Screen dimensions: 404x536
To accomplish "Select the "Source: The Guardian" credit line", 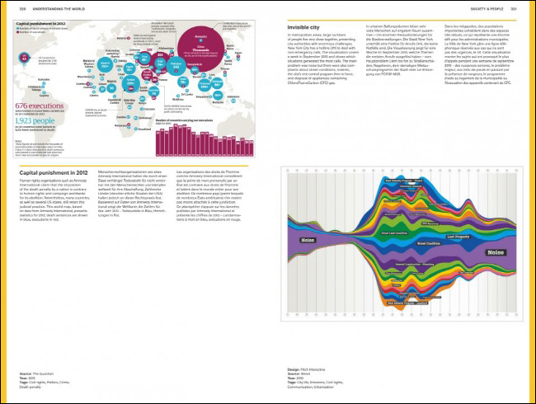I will pyautogui.click(x=40, y=373).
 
